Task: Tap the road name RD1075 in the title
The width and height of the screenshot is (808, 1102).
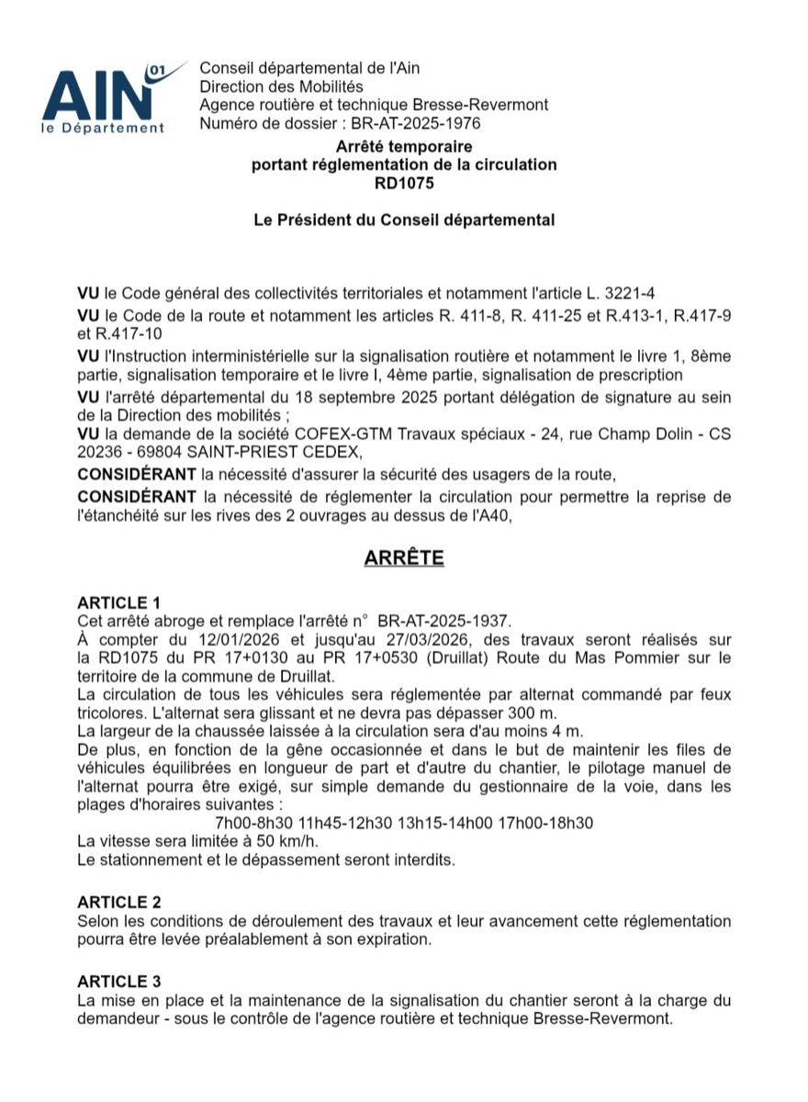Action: [x=404, y=183]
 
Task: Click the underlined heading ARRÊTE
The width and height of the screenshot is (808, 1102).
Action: [x=404, y=558]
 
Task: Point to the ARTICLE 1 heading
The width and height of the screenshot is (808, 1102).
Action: [x=119, y=602]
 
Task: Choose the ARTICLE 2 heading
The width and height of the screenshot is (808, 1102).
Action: [x=119, y=903]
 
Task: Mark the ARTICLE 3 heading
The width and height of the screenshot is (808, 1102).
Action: [x=119, y=982]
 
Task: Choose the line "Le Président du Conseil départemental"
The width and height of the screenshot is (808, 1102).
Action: [x=404, y=219]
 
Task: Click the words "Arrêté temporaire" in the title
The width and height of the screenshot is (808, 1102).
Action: [x=404, y=147]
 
